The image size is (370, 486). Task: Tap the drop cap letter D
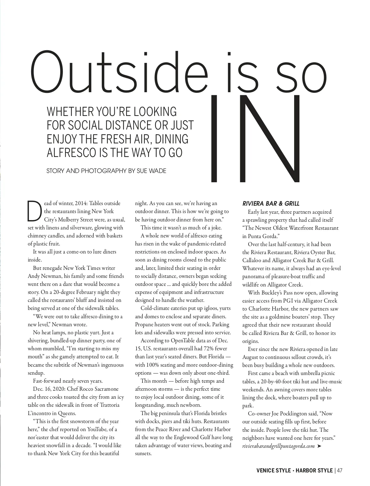coord(34,211)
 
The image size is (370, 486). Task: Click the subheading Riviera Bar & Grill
coord(271,204)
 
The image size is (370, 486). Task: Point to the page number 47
coord(340,470)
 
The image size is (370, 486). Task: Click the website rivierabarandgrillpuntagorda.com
coord(278,446)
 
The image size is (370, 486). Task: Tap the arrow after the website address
coord(319,446)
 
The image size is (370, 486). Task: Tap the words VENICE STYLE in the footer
coord(273,470)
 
